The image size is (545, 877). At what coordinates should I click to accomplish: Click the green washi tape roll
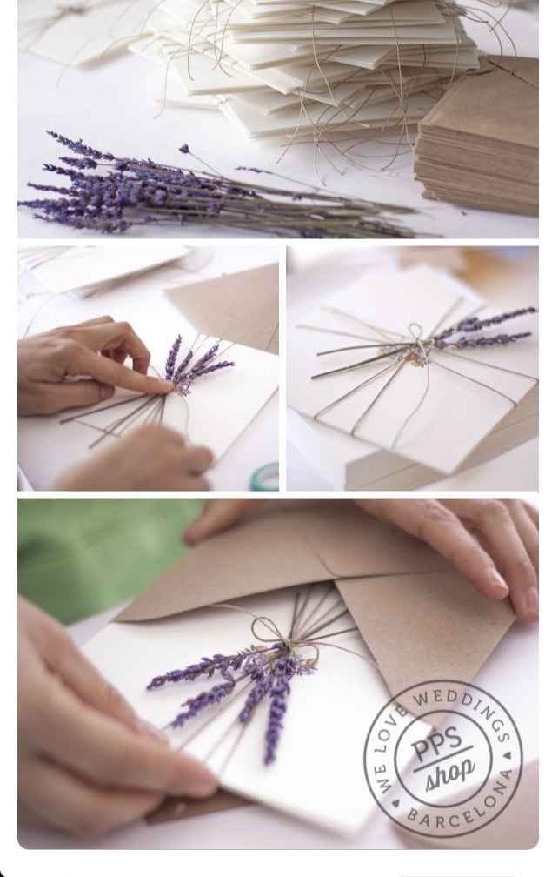point(265,477)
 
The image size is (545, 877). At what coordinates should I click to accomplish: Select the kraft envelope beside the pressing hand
point(230,300)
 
